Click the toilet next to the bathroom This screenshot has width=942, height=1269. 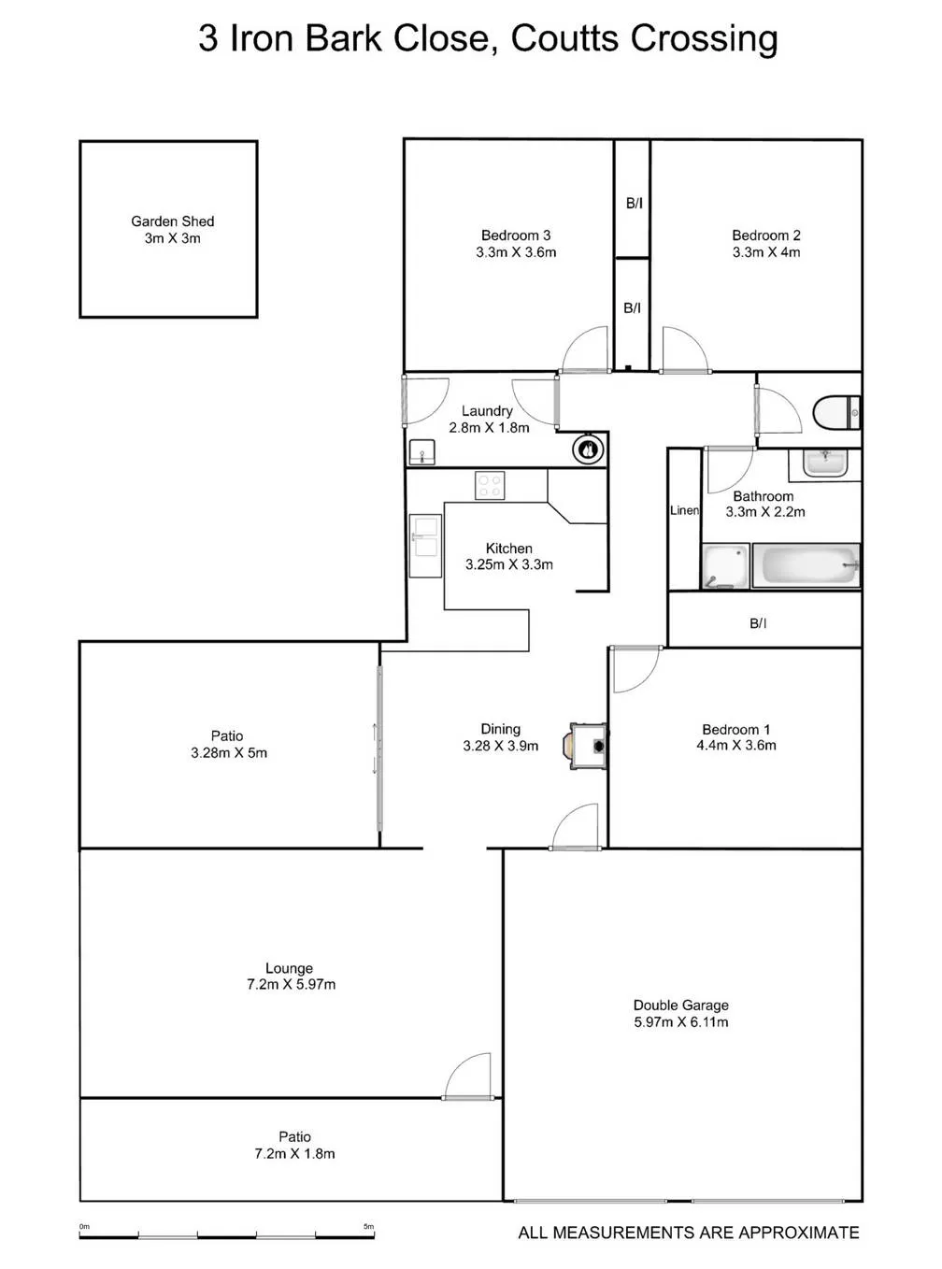pos(836,413)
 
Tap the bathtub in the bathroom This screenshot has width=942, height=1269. pos(806,564)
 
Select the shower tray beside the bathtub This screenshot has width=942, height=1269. pos(726,565)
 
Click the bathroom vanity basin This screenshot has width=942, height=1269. pos(824,463)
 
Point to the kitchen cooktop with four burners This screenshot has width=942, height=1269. pos(490,485)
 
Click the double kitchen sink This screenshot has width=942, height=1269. pos(425,545)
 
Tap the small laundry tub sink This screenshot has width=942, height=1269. pos(422,452)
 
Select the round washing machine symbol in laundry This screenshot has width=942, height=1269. pos(588,450)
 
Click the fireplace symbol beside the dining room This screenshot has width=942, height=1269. pos(586,746)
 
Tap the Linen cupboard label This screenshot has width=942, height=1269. pos(684,510)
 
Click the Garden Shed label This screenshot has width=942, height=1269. pos(172,221)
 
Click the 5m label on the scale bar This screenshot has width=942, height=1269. pos(368,1226)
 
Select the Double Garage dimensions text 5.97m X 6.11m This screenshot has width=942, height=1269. pos(681,1022)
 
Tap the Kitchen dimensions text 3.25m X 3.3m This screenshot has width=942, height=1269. pos(508,564)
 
